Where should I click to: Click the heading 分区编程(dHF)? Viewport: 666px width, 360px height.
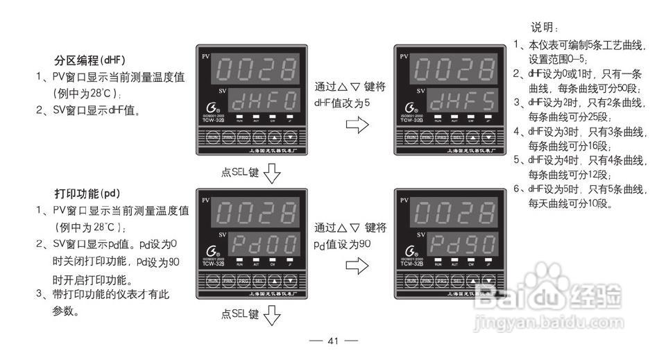coord(94,60)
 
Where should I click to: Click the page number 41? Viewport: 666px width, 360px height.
coord(333,341)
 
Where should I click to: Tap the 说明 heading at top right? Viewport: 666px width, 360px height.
coord(545,28)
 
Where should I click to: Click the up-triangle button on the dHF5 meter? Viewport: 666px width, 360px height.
coord(472,137)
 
